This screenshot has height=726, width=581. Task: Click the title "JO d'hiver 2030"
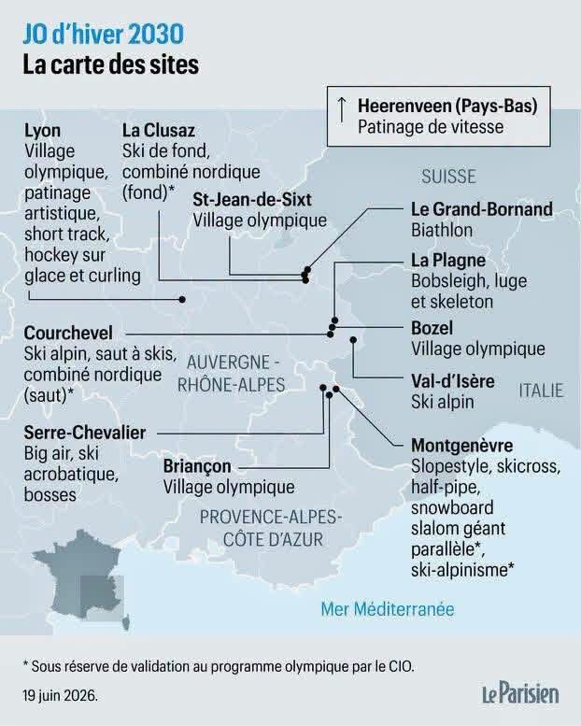click(x=104, y=36)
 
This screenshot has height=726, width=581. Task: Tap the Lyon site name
click(x=43, y=131)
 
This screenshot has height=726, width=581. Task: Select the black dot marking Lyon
click(x=182, y=300)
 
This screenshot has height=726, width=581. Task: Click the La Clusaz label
click(x=159, y=131)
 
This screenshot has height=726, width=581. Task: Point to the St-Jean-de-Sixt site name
click(x=252, y=200)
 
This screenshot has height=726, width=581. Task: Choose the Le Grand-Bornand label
click(x=482, y=209)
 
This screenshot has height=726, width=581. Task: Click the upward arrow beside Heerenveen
click(x=341, y=109)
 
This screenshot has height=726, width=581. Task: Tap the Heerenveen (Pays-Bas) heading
click(x=447, y=106)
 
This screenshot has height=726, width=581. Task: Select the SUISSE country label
click(x=448, y=177)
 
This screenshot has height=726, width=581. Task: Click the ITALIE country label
click(x=541, y=391)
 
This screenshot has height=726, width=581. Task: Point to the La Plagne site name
click(x=448, y=260)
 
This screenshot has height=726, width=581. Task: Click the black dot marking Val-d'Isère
click(x=353, y=340)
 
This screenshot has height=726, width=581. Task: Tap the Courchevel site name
click(x=68, y=333)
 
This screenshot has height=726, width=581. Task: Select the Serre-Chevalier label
click(x=85, y=433)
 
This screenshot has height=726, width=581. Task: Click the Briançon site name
click(x=197, y=466)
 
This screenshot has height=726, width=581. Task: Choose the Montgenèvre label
click(x=462, y=446)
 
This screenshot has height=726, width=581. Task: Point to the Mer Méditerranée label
click(x=388, y=609)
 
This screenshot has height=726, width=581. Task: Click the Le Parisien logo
click(x=520, y=693)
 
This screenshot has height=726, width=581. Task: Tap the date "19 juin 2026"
click(x=60, y=695)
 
